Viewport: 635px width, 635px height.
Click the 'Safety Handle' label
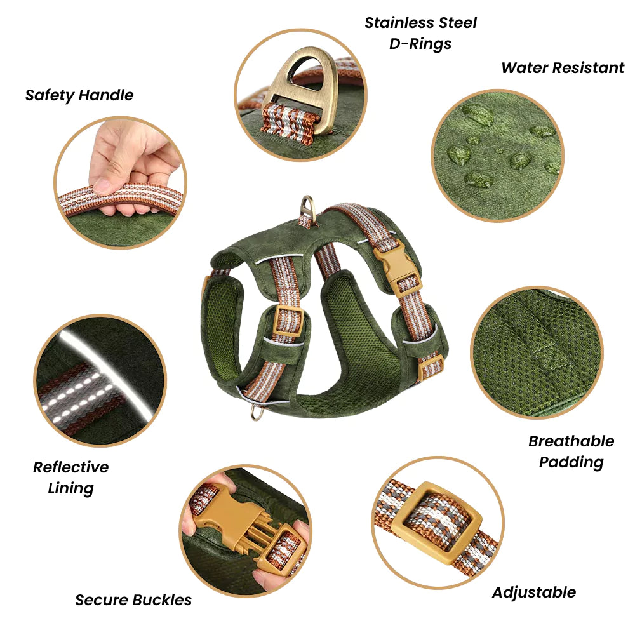coord(79,96)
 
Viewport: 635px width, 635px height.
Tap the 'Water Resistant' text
coord(563,68)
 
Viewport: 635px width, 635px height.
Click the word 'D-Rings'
coord(420,44)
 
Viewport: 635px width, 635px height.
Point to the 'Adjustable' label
coord(534,592)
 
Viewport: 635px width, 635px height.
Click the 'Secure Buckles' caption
coord(133,600)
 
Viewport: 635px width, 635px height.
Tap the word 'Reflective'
coord(71,467)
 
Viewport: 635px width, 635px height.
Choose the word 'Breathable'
coord(571,441)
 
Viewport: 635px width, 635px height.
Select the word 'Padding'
coord(571,462)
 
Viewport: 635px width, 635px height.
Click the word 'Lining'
coord(71,488)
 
